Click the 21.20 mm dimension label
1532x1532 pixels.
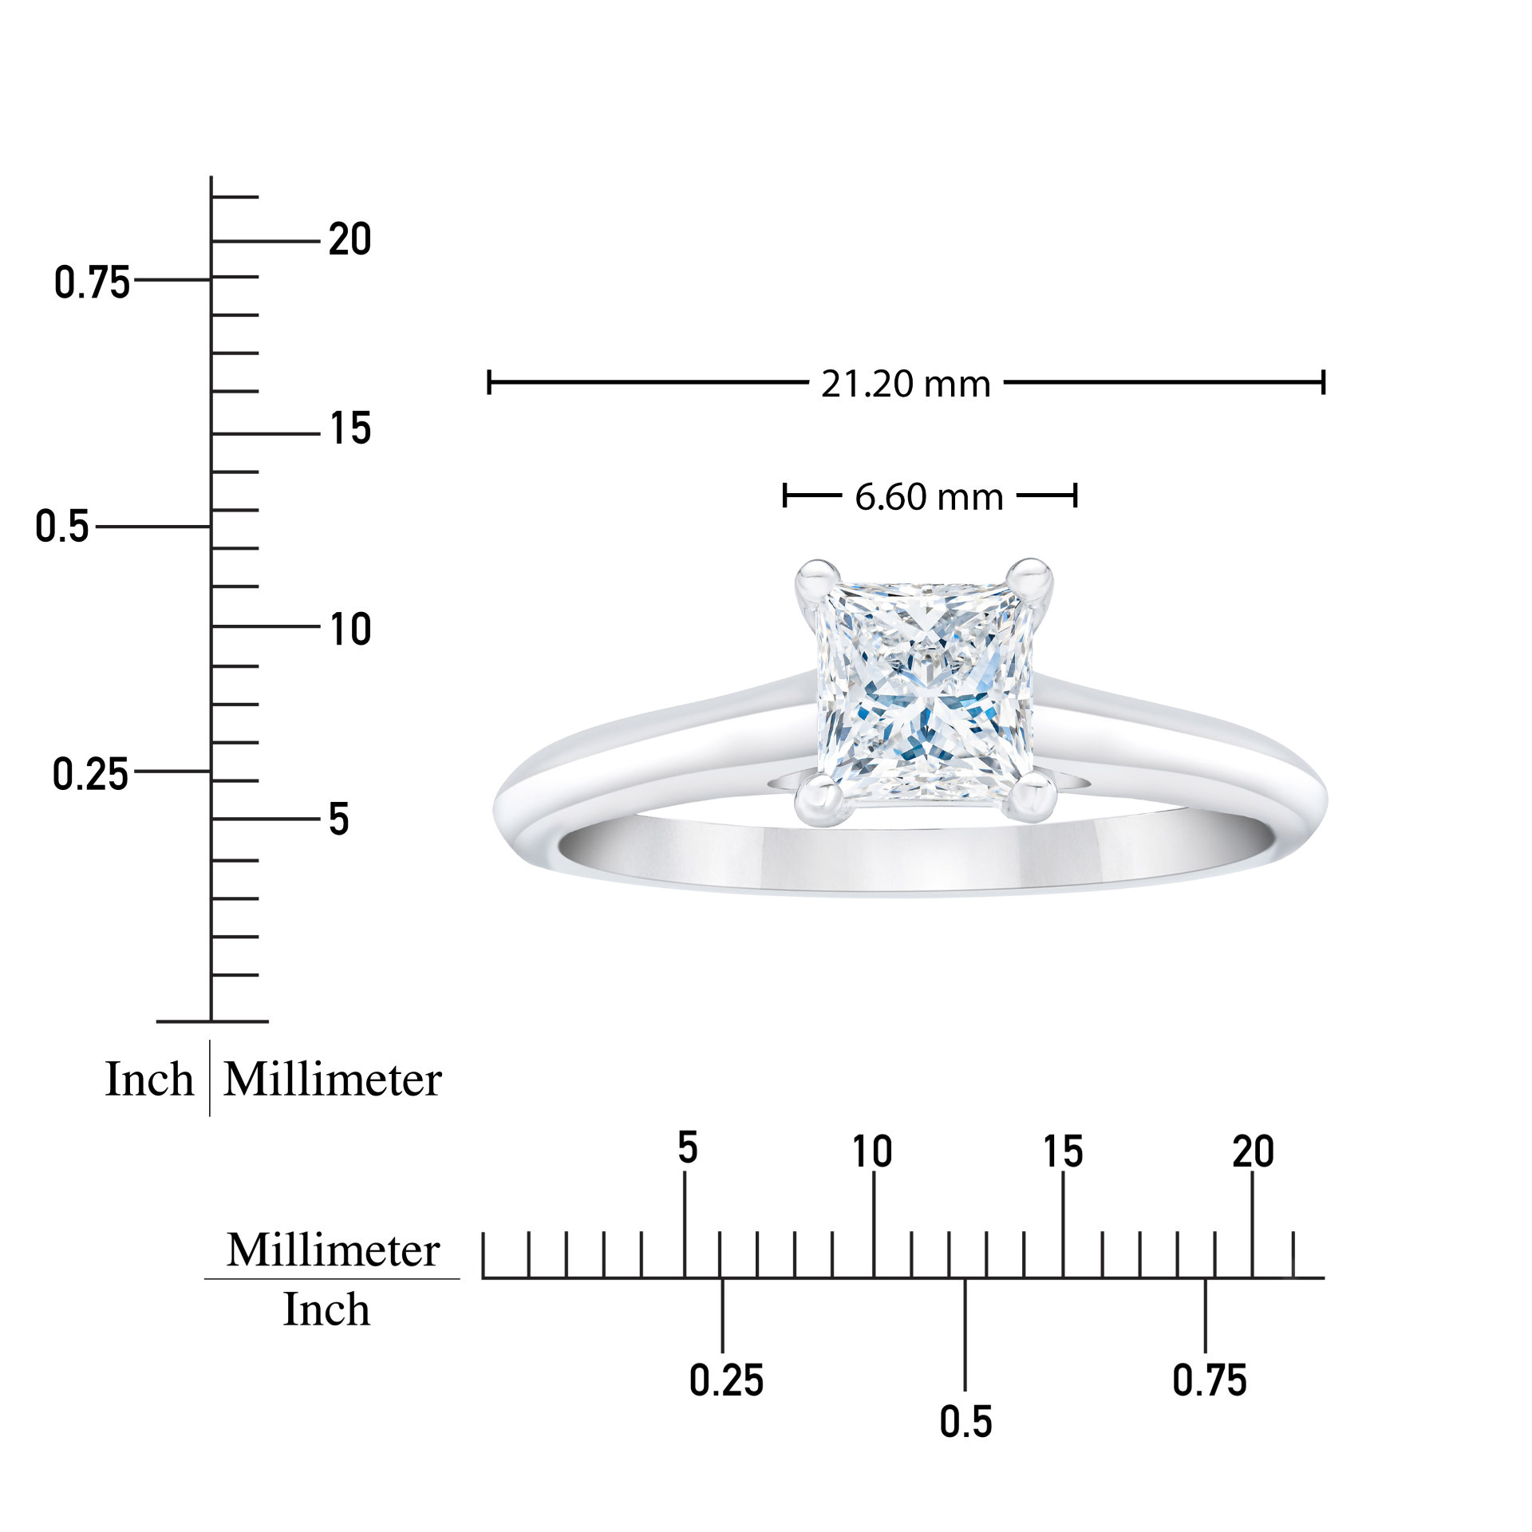906,385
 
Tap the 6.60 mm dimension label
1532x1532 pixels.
929,497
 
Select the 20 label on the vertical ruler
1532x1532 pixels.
350,239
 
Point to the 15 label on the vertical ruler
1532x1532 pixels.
350,428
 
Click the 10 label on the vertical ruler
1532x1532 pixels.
350,630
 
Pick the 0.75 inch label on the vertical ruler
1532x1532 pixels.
92,282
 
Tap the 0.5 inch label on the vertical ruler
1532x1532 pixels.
62,527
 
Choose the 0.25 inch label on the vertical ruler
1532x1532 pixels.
90,774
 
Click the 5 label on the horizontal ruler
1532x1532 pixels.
687,1147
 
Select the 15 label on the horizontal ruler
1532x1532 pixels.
1063,1151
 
